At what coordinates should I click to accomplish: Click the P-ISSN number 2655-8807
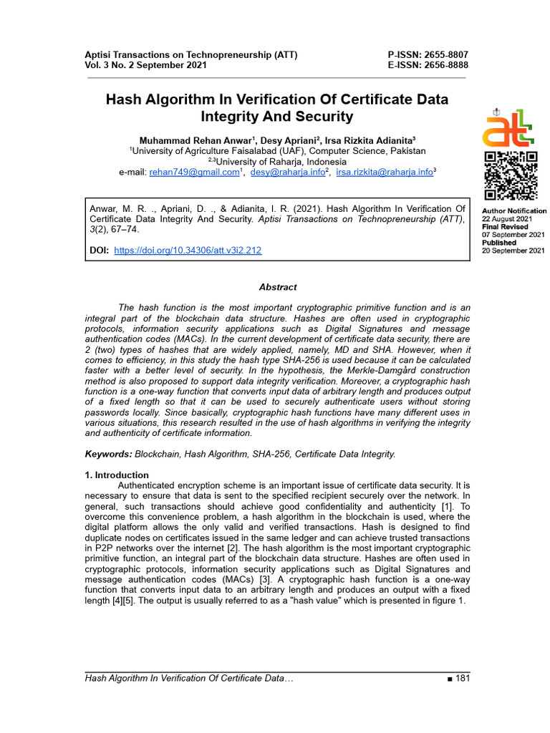coord(444,54)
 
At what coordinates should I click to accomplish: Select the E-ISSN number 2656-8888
coord(444,65)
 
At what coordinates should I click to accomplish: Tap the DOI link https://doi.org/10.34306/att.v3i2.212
coord(188,251)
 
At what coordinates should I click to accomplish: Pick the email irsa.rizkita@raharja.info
coord(385,173)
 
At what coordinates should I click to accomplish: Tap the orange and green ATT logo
coord(508,128)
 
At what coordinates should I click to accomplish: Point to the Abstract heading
coord(278,287)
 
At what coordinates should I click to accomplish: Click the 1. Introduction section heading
coord(117,475)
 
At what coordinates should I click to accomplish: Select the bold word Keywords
coord(108,454)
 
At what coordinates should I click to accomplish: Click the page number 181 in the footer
coord(461,678)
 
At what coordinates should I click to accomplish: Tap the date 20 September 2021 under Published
coord(513,251)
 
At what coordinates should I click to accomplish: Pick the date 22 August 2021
coord(507,219)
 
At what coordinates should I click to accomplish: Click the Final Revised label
coord(503,227)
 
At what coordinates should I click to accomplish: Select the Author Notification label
coord(513,211)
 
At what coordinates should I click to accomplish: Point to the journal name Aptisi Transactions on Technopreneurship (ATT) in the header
coord(191,54)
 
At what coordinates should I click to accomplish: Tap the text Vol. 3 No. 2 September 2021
coord(146,65)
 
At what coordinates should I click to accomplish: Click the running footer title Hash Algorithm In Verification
coord(189,678)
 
